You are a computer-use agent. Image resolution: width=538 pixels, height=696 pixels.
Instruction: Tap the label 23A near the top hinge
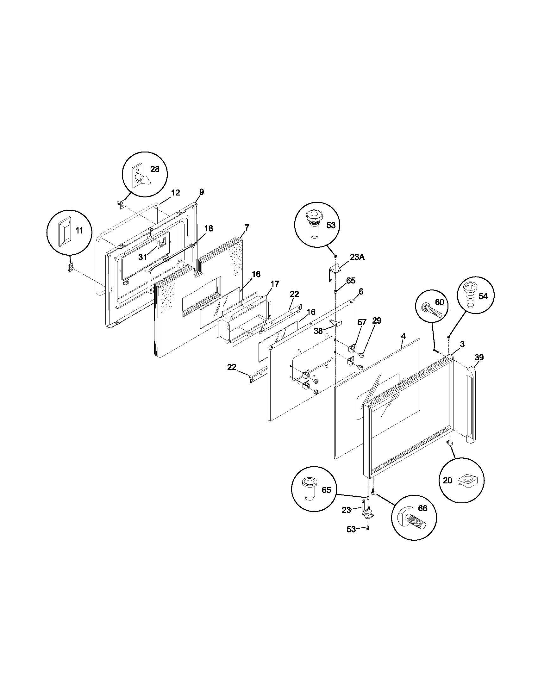pyautogui.click(x=357, y=257)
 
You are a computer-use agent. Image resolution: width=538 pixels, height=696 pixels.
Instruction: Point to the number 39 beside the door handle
pyautogui.click(x=479, y=357)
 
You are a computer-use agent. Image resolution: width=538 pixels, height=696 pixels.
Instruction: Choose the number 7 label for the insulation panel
pyautogui.click(x=247, y=227)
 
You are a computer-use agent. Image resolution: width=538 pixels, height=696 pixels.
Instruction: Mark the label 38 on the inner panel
pyautogui.click(x=318, y=331)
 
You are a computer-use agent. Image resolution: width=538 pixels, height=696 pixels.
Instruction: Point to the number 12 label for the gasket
pyautogui.click(x=175, y=192)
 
